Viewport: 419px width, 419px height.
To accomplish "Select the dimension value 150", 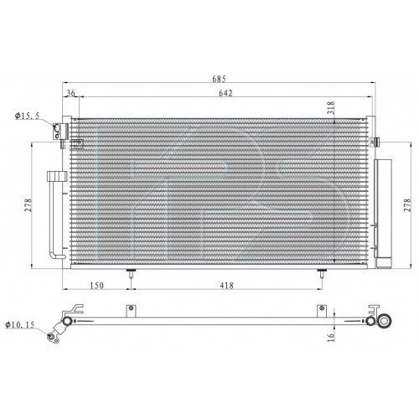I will coord(98,287).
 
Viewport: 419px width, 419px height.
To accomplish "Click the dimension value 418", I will coord(225,287).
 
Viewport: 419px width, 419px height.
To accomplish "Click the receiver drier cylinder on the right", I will coord(386,209).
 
